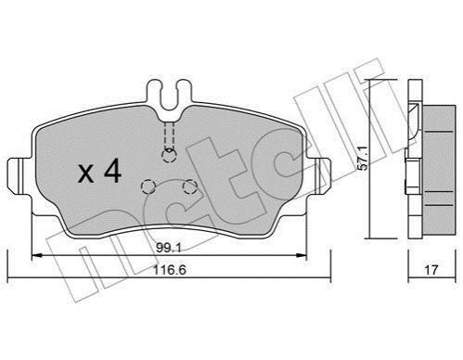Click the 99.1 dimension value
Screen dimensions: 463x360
pyautogui.click(x=168, y=248)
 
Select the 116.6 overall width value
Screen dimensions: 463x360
pyautogui.click(x=170, y=270)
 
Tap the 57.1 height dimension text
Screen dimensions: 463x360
pyautogui.click(x=364, y=159)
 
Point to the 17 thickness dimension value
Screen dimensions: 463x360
pyautogui.click(x=431, y=270)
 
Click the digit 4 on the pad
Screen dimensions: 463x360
pyautogui.click(x=113, y=171)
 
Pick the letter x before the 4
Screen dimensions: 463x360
pyautogui.click(x=85, y=174)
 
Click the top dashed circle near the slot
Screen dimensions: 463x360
pyautogui.click(x=169, y=155)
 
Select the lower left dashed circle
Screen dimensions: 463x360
pyautogui.click(x=148, y=186)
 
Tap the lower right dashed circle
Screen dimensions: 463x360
pyautogui.click(x=189, y=186)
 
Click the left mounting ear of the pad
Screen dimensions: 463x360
pyautogui.click(x=19, y=176)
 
